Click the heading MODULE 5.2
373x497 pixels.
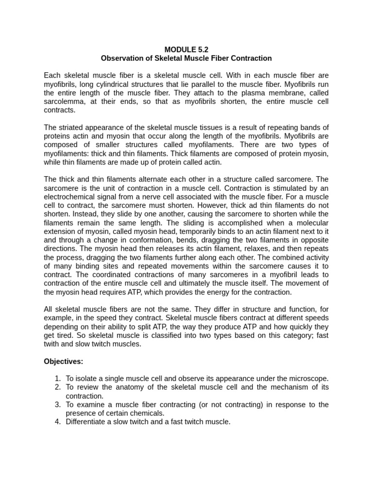pos(186,50)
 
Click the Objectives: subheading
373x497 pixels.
pos(63,361)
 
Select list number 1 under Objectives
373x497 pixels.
pos(57,379)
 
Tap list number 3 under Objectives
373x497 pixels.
pos(57,405)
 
